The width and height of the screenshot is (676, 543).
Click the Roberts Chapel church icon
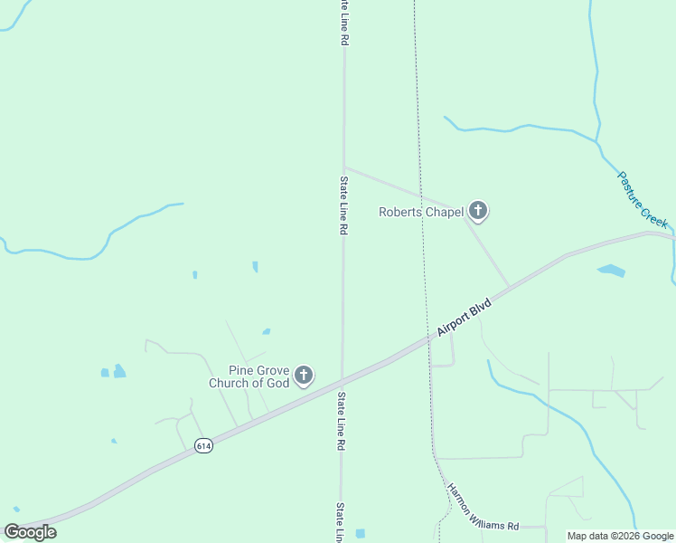point(478,212)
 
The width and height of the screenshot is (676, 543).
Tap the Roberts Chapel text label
point(420,213)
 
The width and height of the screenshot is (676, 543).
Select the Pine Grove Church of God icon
point(304,375)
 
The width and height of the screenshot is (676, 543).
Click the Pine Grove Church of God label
point(249,376)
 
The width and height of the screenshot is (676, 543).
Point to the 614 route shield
point(204,446)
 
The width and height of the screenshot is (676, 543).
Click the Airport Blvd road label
point(464,318)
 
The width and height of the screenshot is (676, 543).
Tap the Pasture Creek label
point(643,199)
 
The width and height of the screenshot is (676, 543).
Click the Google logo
point(31,531)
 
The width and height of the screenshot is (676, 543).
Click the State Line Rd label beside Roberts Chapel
point(344,206)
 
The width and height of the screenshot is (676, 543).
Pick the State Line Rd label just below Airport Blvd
point(342,422)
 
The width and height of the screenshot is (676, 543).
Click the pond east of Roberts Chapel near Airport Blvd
point(611,271)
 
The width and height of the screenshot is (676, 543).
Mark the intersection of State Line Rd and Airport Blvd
point(342,377)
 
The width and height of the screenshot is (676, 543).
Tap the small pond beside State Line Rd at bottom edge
point(361,533)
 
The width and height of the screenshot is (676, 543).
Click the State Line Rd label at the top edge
point(344,23)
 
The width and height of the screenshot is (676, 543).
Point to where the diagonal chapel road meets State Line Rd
point(343,167)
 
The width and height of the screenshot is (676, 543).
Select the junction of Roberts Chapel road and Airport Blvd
point(509,288)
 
